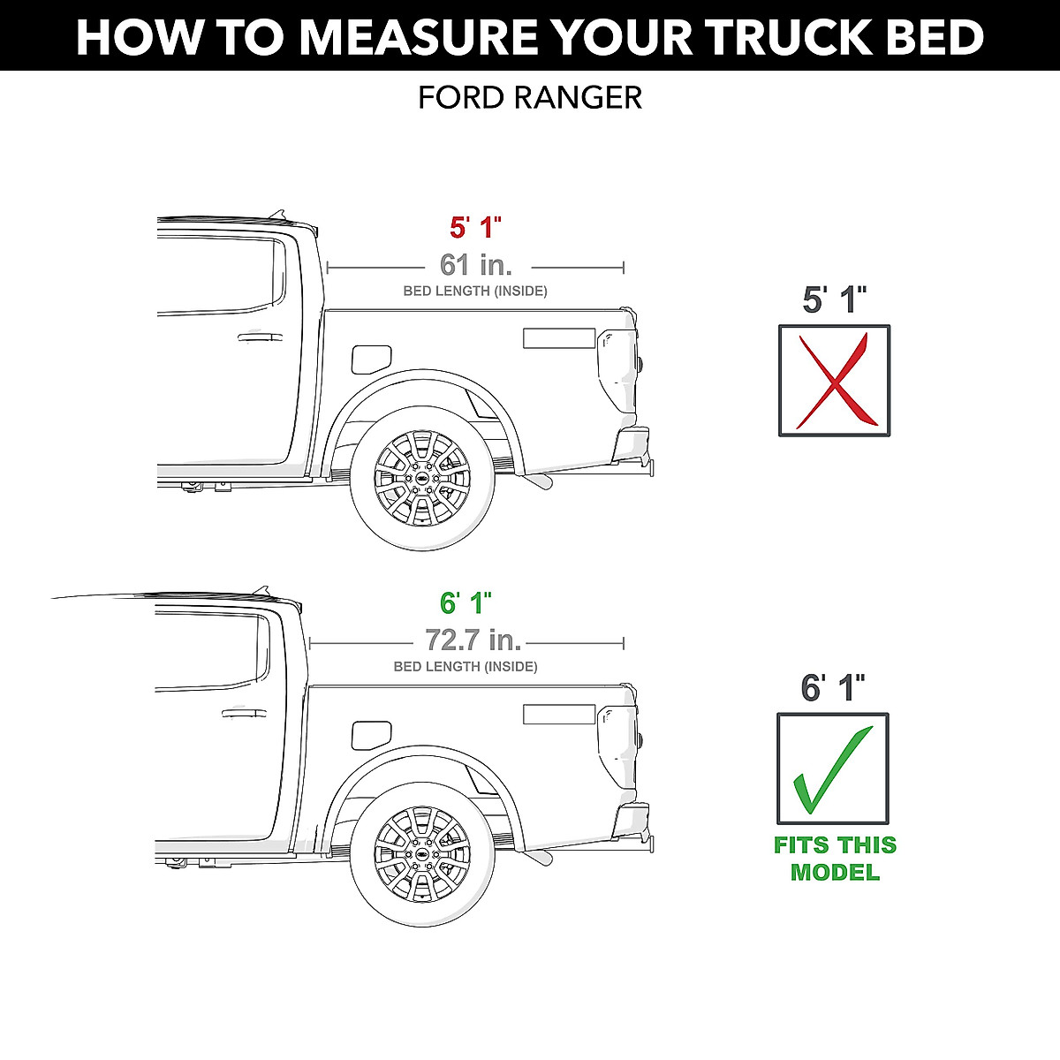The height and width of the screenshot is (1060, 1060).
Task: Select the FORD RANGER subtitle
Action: pos(530,97)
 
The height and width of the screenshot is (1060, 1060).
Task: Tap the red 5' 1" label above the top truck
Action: pos(475,227)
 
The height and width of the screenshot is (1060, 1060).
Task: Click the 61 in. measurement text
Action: pos(475,264)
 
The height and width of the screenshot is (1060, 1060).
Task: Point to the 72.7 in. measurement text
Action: pos(473,640)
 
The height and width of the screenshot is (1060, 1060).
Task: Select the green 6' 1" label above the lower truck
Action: pos(466,603)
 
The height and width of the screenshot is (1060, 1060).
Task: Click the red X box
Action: pos(834,380)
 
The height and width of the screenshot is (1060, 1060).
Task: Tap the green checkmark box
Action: pos(833,768)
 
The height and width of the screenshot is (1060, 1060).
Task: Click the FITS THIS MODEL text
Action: pos(835,859)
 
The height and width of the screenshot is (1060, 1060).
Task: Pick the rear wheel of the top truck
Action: pos(422,478)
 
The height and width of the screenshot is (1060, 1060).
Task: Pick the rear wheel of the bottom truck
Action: pos(422,854)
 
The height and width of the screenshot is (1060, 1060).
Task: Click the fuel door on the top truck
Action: pos(370,359)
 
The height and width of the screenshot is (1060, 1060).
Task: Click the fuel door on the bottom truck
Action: pos(370,734)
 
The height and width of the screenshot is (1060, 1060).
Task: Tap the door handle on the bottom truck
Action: pos(244,712)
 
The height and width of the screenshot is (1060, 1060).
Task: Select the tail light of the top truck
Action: pos(616,367)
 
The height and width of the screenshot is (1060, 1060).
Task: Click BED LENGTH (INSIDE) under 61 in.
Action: pos(475,291)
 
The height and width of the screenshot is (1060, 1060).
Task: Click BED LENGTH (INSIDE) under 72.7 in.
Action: pos(466,667)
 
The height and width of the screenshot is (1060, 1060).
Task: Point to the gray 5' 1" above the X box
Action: pos(834,300)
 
